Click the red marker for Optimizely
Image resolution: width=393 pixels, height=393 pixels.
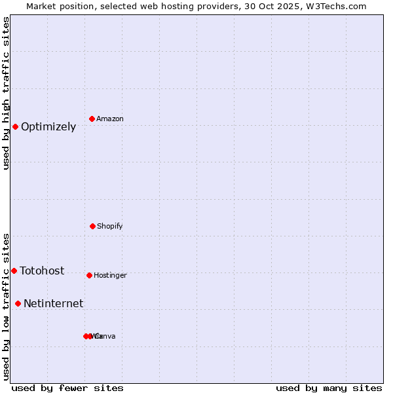(15, 126)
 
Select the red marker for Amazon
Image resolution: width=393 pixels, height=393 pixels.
(92, 119)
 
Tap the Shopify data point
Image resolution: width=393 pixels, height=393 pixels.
(92, 226)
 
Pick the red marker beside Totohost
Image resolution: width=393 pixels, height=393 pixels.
(14, 271)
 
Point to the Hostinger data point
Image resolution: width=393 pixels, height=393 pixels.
(89, 275)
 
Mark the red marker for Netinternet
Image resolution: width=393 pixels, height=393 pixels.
(18, 303)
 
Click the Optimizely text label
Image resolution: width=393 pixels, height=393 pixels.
(48, 127)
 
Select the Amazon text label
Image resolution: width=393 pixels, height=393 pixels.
(110, 119)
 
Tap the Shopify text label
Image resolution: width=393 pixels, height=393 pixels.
(110, 227)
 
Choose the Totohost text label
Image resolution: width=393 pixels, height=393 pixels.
(42, 271)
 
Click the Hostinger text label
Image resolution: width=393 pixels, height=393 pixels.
(110, 276)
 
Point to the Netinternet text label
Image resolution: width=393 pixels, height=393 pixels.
(53, 304)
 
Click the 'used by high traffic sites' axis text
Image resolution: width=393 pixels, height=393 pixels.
(7, 93)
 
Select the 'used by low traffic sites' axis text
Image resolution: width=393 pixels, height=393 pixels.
(7, 307)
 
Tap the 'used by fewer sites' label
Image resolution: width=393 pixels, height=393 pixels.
(67, 388)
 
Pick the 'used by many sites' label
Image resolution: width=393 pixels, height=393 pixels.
(329, 388)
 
